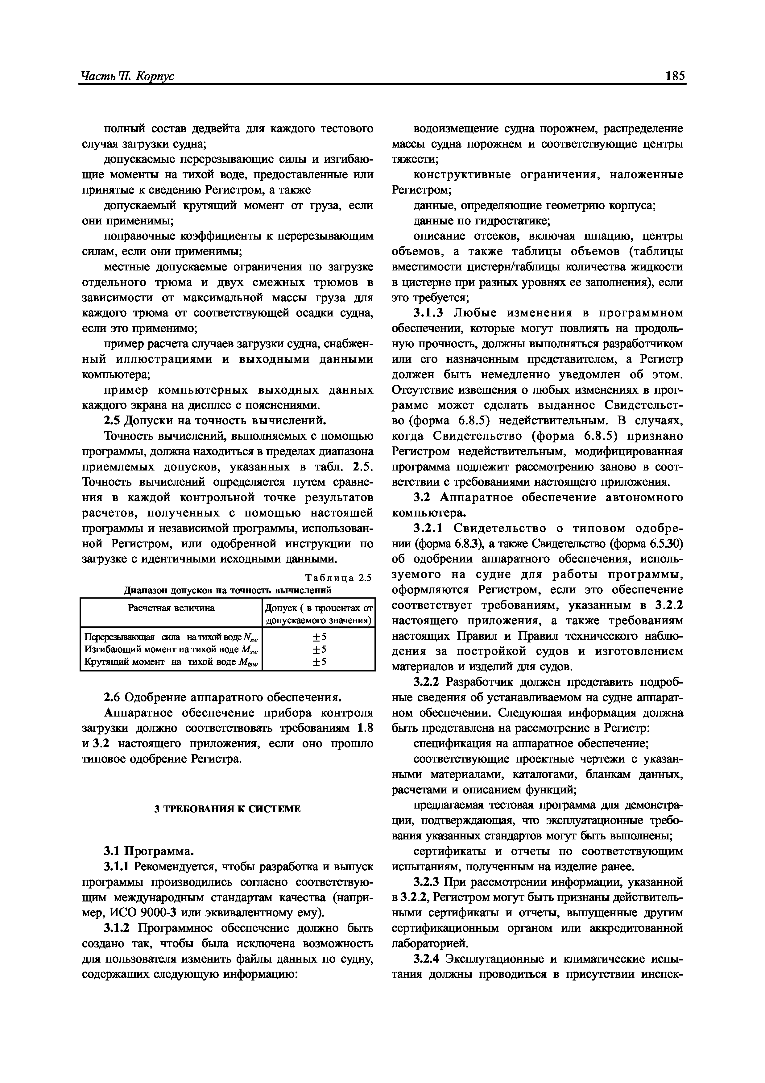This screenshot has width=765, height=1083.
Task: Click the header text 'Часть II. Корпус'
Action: point(128,77)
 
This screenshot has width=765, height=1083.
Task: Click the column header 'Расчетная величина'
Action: point(171,608)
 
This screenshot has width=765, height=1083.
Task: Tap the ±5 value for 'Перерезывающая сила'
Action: point(319,638)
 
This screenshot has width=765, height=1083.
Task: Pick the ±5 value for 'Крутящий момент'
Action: point(319,662)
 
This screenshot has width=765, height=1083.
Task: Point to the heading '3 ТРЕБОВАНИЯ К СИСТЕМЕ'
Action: point(228,809)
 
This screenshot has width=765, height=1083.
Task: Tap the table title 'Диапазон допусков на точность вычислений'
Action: point(228,590)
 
